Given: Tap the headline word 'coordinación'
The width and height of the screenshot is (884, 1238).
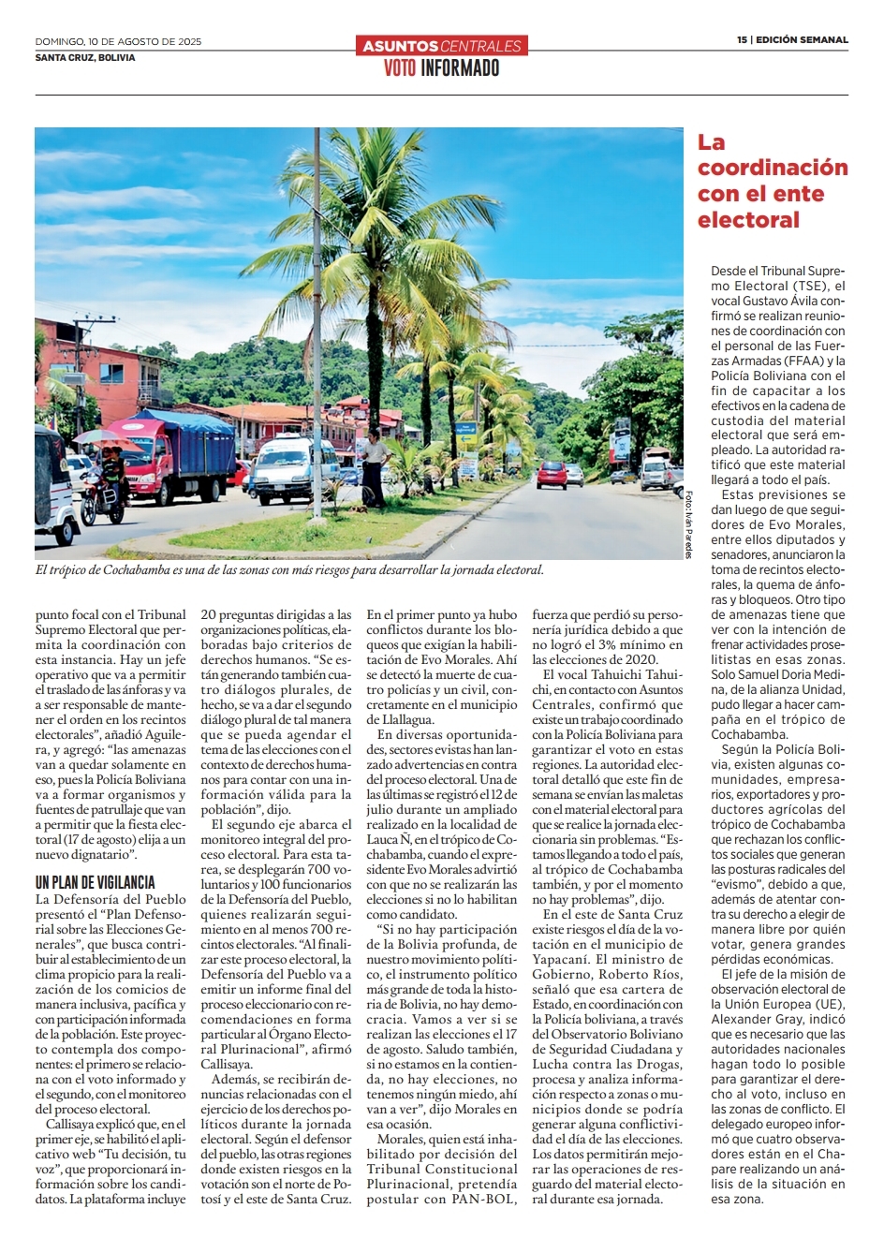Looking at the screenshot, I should pos(772,169).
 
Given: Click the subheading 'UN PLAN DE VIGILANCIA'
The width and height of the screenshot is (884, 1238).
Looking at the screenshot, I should pos(96,882).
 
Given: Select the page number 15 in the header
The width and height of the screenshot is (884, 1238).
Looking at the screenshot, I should pos(742,40).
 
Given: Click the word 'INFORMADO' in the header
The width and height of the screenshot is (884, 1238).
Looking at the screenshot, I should pos(460,68).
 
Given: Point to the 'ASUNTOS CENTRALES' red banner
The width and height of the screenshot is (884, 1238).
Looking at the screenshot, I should pos(441,45).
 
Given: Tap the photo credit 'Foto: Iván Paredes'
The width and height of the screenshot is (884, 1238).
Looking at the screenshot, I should pos(688,524).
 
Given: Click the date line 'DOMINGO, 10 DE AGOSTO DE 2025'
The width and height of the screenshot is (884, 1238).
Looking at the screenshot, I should pos(118,41).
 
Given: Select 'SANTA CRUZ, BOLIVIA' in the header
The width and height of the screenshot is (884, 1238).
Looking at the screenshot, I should pos(85,57).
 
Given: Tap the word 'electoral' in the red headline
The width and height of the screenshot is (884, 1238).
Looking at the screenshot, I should pos(748,221).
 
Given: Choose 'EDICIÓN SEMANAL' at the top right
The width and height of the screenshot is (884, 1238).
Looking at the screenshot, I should pos(802,40).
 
